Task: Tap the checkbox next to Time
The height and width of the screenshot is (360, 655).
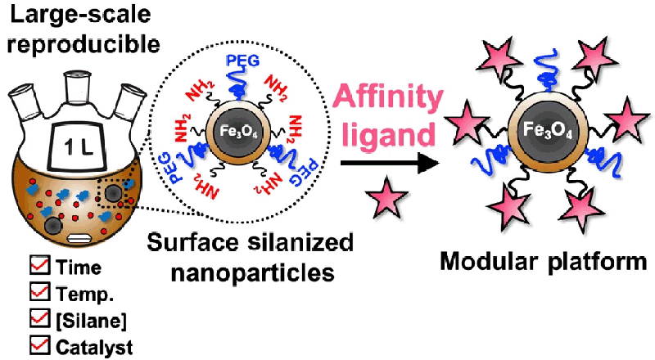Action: [x=38, y=266]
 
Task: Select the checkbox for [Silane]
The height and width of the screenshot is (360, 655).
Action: [x=38, y=318]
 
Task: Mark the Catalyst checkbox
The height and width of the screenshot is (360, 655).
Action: [x=38, y=344]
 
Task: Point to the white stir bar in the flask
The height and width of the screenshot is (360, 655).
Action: [x=79, y=237]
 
